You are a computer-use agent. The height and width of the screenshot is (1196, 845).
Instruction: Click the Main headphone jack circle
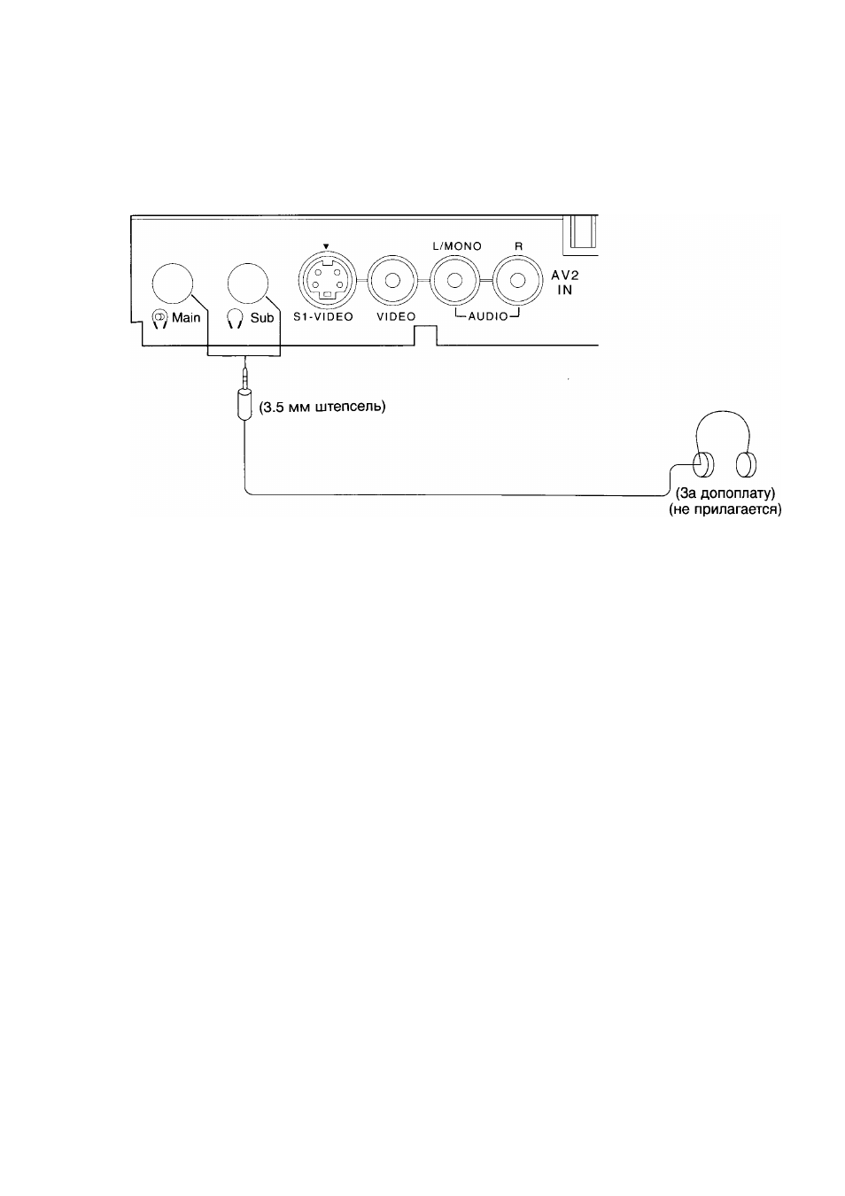click(172, 283)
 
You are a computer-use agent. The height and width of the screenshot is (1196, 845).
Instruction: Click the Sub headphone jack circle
click(248, 283)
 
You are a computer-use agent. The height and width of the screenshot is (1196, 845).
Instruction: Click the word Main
click(186, 318)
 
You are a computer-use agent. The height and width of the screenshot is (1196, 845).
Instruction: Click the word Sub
click(262, 318)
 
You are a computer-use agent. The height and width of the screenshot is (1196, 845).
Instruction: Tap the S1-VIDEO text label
click(323, 316)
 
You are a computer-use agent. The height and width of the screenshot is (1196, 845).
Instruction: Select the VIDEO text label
click(396, 316)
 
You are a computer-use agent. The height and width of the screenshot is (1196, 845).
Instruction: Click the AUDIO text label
click(488, 316)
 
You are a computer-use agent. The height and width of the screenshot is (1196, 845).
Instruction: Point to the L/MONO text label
click(457, 246)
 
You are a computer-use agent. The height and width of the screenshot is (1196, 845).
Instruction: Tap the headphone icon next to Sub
click(235, 319)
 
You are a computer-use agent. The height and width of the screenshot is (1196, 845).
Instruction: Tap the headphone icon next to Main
click(159, 319)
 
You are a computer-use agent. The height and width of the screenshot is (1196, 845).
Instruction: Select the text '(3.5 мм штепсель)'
click(322, 407)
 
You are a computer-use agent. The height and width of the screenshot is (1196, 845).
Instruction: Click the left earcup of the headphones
click(703, 464)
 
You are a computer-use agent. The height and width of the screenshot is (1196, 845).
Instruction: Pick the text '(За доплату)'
click(725, 493)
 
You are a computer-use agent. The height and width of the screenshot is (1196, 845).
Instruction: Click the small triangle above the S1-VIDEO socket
click(327, 245)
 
